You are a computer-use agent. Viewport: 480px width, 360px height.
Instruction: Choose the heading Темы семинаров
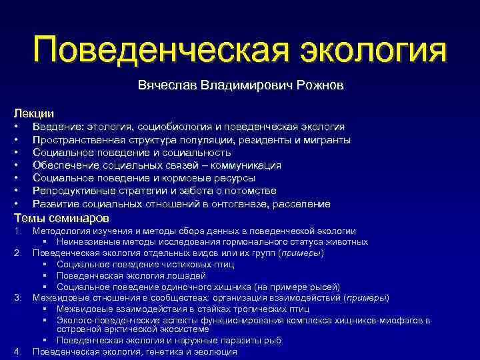coord(61,218)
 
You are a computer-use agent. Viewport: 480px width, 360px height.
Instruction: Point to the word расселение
coord(303,204)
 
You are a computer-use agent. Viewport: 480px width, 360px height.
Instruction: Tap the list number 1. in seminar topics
coord(18,231)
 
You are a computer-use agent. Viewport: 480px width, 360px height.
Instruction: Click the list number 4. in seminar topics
coord(18,351)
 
